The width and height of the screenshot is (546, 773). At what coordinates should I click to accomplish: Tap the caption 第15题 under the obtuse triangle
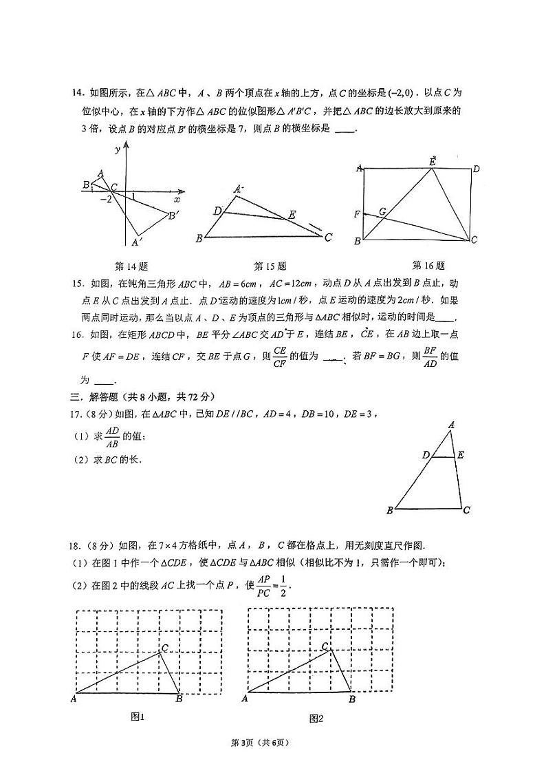(270, 266)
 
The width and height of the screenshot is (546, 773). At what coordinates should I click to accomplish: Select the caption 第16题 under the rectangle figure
(428, 265)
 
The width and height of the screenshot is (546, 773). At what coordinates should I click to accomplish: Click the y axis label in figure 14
(118, 149)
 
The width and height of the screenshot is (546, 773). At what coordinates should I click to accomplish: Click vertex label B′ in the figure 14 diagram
(174, 215)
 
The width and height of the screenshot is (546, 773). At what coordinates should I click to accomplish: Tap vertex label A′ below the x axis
(137, 242)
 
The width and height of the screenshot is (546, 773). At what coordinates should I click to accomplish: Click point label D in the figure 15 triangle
(217, 211)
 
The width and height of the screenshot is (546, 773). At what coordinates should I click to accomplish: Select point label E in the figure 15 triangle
(292, 215)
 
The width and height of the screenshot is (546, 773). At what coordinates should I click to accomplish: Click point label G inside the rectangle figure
(382, 212)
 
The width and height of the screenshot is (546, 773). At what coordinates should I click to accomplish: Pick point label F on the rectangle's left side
(357, 215)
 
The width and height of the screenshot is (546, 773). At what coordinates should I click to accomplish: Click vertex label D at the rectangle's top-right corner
(476, 169)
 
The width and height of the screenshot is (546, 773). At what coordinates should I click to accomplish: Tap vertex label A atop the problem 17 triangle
(452, 425)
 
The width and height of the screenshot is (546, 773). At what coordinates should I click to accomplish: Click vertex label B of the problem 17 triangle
(389, 510)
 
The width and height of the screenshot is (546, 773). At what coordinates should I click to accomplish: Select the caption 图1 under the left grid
(138, 717)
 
